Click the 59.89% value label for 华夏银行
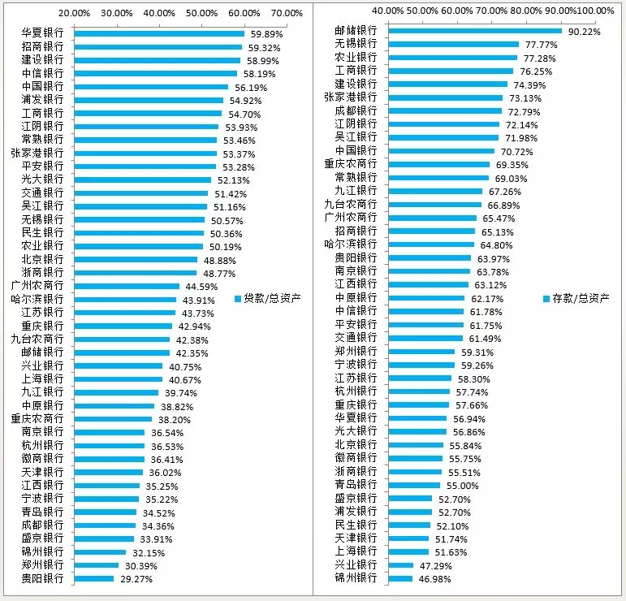265,33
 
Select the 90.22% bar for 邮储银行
475,31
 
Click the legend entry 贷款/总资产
274,298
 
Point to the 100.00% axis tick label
596,10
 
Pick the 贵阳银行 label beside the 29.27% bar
43,578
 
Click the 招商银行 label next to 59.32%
43,47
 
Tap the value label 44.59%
201,286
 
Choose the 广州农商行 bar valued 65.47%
433,218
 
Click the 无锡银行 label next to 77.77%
356,44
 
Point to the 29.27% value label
135,579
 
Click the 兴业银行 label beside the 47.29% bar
356,564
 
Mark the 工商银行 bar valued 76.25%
451,71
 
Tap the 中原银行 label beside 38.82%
43,405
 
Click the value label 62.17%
486,298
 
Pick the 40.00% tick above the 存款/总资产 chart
388,10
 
